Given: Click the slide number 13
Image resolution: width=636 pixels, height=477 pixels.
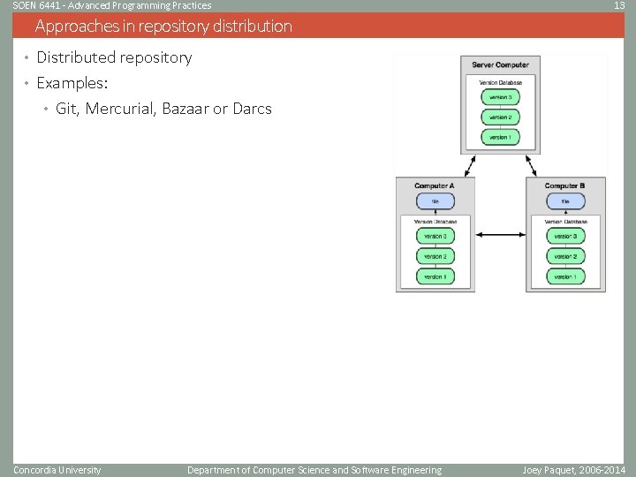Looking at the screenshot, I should tap(618, 5).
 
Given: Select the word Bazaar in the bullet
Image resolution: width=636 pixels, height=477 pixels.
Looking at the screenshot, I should tap(185, 110).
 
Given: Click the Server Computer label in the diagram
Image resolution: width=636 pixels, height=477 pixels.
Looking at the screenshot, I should tap(500, 64).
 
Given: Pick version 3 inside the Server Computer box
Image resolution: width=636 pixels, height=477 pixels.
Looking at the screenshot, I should tap(500, 97).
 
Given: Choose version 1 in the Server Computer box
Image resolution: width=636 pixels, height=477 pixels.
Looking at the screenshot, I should tap(500, 137).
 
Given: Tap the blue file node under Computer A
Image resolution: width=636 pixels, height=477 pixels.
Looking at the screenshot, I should tap(434, 201).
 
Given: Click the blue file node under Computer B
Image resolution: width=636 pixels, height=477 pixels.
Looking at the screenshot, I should tap(564, 201).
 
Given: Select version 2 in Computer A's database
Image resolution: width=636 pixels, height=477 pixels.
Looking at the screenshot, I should tap(434, 256).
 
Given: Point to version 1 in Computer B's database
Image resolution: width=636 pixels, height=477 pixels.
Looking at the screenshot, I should tap(564, 276).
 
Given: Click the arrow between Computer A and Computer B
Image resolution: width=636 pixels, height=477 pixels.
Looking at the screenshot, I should tap(500, 235).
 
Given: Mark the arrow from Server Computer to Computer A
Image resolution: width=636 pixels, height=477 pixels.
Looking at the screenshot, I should tap(468, 165).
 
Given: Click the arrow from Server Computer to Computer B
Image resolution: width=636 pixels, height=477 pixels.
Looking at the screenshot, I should tap(532, 165).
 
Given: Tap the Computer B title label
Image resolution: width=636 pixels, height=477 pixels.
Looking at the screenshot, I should tap(564, 185).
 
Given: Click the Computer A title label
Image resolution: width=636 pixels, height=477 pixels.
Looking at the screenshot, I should tap(434, 185).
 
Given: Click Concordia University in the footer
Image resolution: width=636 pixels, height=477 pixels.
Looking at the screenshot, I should tap(57, 470).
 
